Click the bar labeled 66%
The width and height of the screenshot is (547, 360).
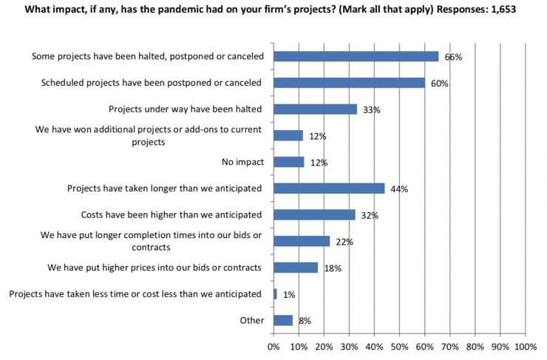pyautogui.click(x=356, y=56)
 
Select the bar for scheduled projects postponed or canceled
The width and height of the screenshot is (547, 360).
pyautogui.click(x=349, y=83)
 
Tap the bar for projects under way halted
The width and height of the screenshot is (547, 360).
pyautogui.click(x=315, y=109)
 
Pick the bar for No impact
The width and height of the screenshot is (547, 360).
pyautogui.click(x=288, y=162)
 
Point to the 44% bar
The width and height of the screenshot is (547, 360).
pyautogui.click(x=329, y=189)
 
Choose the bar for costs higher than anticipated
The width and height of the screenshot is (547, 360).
pyautogui.click(x=314, y=215)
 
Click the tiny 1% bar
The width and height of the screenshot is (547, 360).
pyautogui.click(x=275, y=294)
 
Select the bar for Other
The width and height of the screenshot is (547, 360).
pyautogui.click(x=283, y=320)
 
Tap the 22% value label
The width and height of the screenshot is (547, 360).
pyautogui.click(x=344, y=242)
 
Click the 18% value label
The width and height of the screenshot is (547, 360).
pyautogui.click(x=333, y=268)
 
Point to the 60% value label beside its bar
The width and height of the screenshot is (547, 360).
pyautogui.click(x=440, y=84)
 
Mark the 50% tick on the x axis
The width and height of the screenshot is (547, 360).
pyautogui.click(x=399, y=345)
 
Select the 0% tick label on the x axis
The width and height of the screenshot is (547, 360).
pyautogui.click(x=273, y=345)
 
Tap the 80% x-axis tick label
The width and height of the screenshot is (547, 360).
pyautogui.click(x=475, y=345)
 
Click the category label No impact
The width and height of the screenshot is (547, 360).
pyautogui.click(x=242, y=162)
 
